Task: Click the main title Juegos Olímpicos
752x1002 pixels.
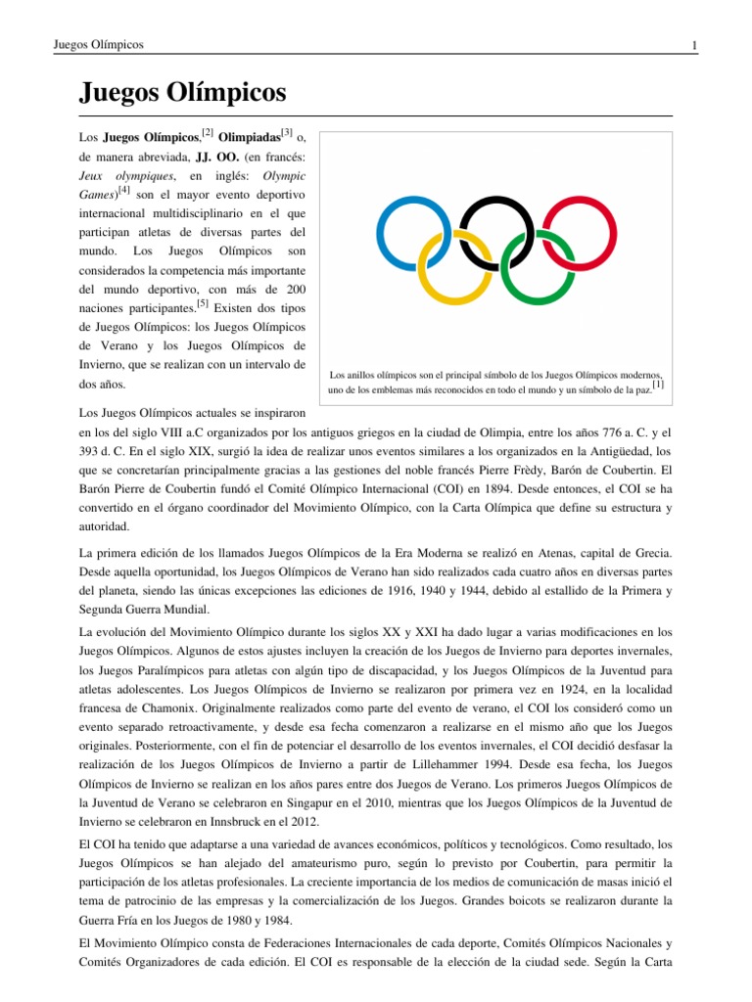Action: pos(182,93)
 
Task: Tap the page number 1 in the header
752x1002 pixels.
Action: pos(693,45)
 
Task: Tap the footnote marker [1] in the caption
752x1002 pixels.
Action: pos(658,386)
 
